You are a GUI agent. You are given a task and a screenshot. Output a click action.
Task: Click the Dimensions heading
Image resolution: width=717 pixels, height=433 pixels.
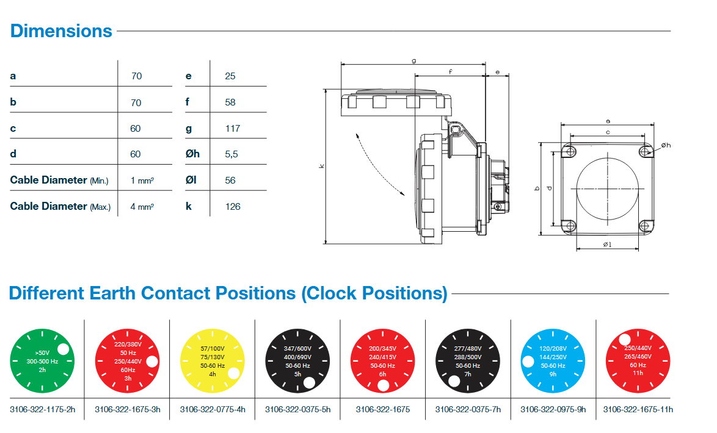[x=61, y=31]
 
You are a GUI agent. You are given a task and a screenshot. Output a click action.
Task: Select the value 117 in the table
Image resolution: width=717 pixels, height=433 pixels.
[x=232, y=128]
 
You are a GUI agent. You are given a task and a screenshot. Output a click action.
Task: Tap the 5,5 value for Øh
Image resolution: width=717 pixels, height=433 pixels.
[x=231, y=154]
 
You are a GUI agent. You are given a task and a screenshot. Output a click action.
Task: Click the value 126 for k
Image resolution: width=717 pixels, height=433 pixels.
[x=232, y=207]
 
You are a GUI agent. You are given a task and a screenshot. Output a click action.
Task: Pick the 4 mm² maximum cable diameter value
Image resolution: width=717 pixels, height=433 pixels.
[x=142, y=207]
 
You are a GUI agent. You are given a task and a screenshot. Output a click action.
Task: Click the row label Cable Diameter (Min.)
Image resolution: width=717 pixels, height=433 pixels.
[x=59, y=181]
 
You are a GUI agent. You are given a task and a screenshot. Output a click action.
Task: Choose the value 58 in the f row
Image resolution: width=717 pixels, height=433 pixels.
[x=230, y=102]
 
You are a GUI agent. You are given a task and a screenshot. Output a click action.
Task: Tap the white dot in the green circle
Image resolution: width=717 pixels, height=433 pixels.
[x=63, y=349]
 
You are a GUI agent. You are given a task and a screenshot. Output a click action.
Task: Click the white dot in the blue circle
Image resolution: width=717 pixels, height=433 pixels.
[x=528, y=362]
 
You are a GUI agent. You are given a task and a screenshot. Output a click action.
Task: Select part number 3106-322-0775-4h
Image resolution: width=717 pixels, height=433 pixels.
[x=212, y=409]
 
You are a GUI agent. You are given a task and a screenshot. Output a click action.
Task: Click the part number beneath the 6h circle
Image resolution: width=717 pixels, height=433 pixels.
[x=383, y=409]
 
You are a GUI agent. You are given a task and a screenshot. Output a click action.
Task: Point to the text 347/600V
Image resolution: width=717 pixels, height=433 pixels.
[x=297, y=348]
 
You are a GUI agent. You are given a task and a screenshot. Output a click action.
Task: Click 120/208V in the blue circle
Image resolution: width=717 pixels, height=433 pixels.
[x=553, y=348]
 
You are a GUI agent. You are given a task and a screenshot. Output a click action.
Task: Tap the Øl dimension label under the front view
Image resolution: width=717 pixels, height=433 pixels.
[x=607, y=245]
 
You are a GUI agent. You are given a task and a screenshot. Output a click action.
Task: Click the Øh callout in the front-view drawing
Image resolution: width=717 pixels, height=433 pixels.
[x=666, y=145]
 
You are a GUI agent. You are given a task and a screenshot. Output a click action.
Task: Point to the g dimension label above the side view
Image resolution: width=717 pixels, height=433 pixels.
[x=414, y=60]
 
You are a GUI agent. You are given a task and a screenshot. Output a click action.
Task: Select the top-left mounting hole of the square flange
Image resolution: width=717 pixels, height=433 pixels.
[x=569, y=151]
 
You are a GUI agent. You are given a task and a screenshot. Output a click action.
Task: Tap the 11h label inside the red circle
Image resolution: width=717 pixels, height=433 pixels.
[x=638, y=373]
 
